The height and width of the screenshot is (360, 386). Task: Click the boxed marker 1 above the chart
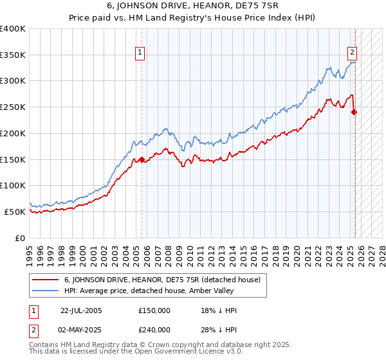click(140, 54)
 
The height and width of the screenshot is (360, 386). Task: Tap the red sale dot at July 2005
click(142, 159)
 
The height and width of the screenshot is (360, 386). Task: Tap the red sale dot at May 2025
click(354, 112)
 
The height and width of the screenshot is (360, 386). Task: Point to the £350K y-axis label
click(13, 55)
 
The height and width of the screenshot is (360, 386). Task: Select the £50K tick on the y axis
click(15, 212)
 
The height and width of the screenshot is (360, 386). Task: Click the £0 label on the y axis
click(21, 238)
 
